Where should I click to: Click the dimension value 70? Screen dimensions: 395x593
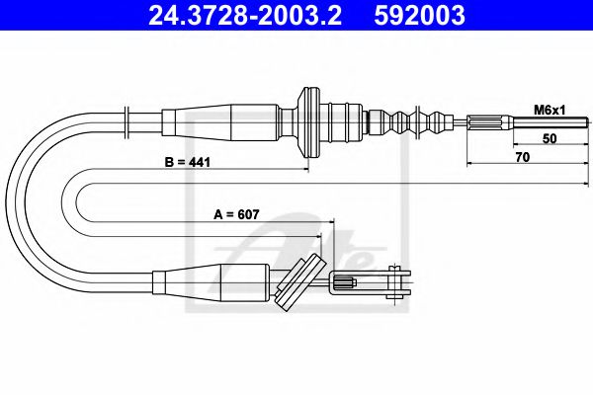(523, 157)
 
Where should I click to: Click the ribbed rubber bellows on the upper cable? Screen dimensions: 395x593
(420, 123)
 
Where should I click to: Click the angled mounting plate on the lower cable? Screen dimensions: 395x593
(300, 280)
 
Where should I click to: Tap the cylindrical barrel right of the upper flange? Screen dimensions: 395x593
(346, 122)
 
